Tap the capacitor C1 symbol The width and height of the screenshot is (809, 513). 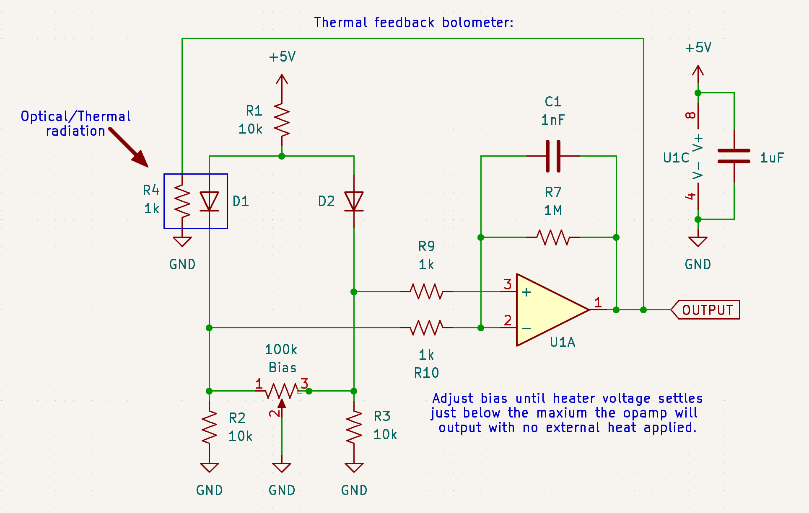click(x=553, y=156)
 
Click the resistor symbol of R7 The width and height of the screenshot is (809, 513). click(x=553, y=237)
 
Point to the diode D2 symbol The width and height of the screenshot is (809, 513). click(x=354, y=201)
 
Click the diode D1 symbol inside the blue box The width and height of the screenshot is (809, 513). click(x=209, y=201)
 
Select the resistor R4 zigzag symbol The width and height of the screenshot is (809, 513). click(x=182, y=201)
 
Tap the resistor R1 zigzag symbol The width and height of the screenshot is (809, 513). click(x=282, y=121)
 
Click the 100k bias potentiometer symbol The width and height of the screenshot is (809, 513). click(x=282, y=391)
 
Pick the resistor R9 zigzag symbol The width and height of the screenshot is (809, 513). click(x=426, y=291)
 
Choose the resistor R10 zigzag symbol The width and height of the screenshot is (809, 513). click(x=426, y=327)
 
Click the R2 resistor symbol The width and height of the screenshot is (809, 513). click(x=209, y=427)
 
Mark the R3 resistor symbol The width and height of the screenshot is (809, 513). click(x=354, y=427)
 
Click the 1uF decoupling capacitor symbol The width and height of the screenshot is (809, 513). click(x=734, y=156)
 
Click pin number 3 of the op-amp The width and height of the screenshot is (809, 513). click(x=508, y=284)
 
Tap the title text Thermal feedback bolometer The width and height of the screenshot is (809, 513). click(x=413, y=23)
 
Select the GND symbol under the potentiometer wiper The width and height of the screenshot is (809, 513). click(x=282, y=467)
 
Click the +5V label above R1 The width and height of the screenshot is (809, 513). click(x=282, y=57)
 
